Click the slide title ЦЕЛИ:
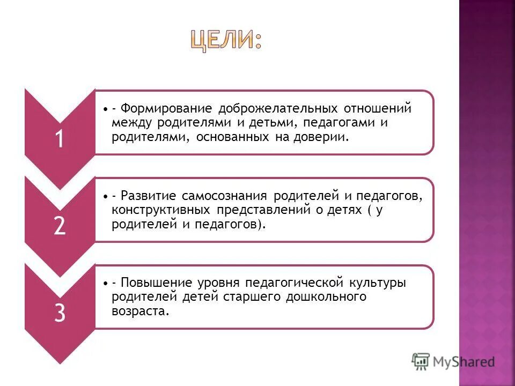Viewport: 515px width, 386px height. click(x=226, y=40)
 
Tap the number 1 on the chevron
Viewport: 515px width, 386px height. click(x=59, y=139)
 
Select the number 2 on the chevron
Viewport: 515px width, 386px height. click(x=59, y=227)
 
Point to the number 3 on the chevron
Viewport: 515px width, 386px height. click(x=59, y=314)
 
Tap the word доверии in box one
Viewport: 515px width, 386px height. click(x=325, y=137)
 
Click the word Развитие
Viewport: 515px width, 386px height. click(x=148, y=196)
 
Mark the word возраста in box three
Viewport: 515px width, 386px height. click(x=140, y=311)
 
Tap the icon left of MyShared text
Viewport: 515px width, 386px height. click(x=421, y=361)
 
